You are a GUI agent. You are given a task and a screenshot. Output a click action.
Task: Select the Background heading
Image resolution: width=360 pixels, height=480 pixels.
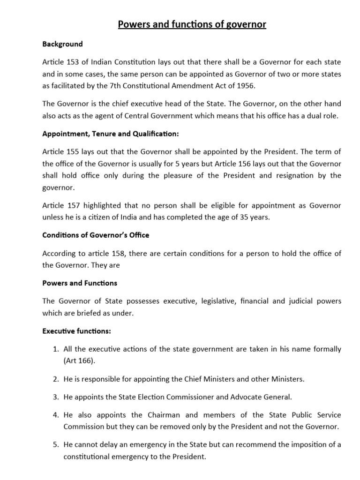[62, 44]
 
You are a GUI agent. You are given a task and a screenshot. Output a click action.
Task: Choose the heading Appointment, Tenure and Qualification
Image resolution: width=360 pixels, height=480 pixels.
[110, 134]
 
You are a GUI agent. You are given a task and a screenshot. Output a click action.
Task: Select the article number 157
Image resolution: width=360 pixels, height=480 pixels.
[75, 206]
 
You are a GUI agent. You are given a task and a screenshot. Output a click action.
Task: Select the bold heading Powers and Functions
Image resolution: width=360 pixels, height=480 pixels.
[80, 283]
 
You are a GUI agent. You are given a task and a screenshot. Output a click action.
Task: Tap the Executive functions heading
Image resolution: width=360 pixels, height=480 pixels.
[76, 331]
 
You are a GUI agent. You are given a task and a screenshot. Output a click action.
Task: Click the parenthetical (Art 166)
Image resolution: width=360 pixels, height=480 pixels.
[81, 361]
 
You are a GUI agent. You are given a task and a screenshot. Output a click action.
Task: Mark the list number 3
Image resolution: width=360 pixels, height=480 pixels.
[54, 397]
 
